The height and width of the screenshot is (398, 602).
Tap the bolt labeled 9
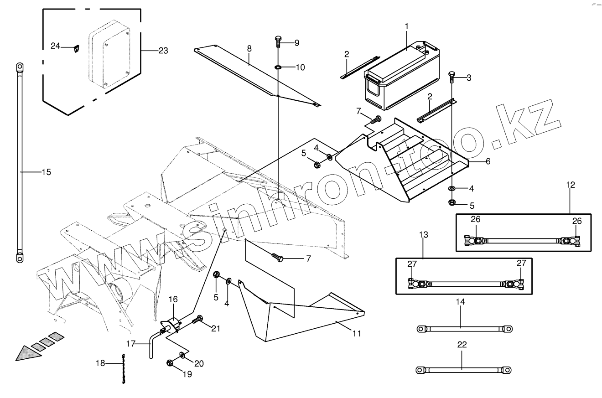[279, 42]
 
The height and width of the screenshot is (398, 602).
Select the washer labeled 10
[278, 68]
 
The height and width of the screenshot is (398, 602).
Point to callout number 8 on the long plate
[249, 48]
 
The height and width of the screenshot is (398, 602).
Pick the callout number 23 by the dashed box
[163, 51]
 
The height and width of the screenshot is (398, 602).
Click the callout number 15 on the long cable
[46, 172]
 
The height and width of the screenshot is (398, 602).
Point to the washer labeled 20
[182, 355]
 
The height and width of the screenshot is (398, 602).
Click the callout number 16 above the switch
[173, 300]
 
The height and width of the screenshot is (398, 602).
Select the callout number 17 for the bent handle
[131, 343]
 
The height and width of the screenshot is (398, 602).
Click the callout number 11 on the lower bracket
[357, 333]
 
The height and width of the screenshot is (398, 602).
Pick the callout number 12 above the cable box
[571, 185]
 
